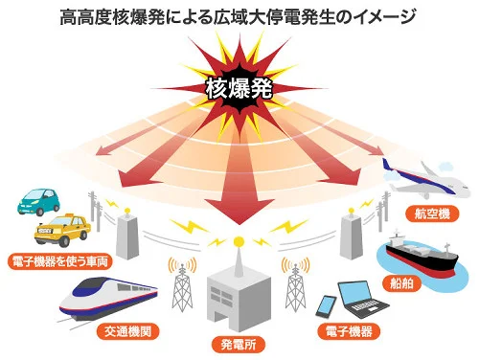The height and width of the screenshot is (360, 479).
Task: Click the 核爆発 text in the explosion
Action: coord(239,88)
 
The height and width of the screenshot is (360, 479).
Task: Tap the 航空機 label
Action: coord(432,214)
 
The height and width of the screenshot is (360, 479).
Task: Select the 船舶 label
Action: coord(401,283)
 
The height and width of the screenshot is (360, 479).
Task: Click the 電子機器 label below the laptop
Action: coord(349,331)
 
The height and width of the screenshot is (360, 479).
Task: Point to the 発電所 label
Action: coord(239,345)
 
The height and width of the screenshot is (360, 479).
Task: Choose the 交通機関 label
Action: coord(127,331)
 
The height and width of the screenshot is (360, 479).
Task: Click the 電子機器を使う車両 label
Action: coord(60,261)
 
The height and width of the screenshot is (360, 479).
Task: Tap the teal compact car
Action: coord(38,202)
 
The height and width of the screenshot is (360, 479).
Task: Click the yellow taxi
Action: coord(62,230)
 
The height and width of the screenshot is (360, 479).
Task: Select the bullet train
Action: coord(108,299)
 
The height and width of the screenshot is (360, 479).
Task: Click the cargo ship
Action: coord(422,256)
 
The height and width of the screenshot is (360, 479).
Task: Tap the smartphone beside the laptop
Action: coord(326,306)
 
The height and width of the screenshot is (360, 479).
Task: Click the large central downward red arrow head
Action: coord(239,212)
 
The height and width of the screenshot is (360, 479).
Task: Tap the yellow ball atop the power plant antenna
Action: coord(239,241)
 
